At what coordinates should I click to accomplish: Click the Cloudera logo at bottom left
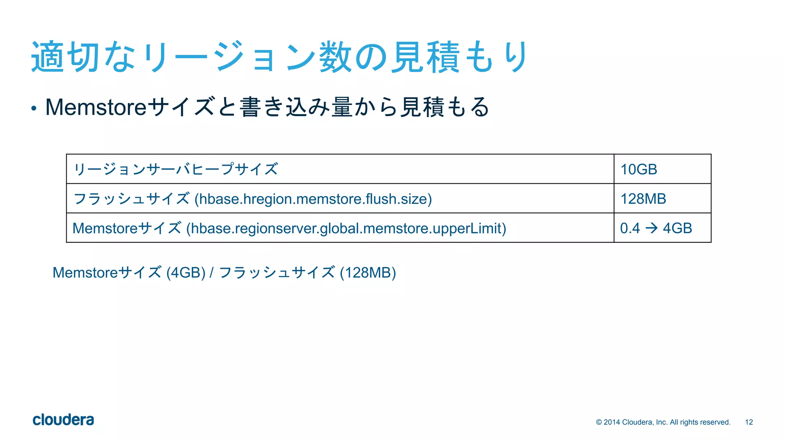[x=63, y=420]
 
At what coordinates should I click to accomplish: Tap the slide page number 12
[x=749, y=422]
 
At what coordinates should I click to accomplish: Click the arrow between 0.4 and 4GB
[x=652, y=228]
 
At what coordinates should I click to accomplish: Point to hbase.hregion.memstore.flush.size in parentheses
[x=313, y=199]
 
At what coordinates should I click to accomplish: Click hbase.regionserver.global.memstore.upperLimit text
[x=346, y=229]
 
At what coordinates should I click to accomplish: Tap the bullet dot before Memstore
[x=34, y=108]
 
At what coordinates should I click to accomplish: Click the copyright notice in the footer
[x=663, y=422]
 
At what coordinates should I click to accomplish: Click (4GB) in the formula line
[x=186, y=273]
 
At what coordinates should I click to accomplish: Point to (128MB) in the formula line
[x=368, y=273]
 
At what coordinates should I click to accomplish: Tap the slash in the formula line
[x=212, y=273]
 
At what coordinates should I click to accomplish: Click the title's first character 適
[x=47, y=57]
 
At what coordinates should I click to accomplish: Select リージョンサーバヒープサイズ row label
[x=176, y=169]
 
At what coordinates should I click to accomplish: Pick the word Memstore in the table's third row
[x=105, y=229]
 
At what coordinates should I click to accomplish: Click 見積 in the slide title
[x=425, y=57]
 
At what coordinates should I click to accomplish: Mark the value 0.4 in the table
[x=630, y=229]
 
